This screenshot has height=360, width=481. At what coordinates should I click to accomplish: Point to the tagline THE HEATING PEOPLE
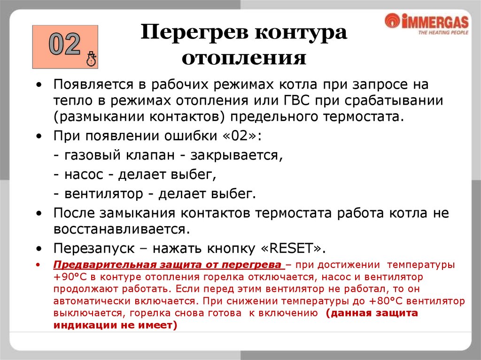click(443, 33)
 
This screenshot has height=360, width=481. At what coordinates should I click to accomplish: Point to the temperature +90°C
click(70, 276)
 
